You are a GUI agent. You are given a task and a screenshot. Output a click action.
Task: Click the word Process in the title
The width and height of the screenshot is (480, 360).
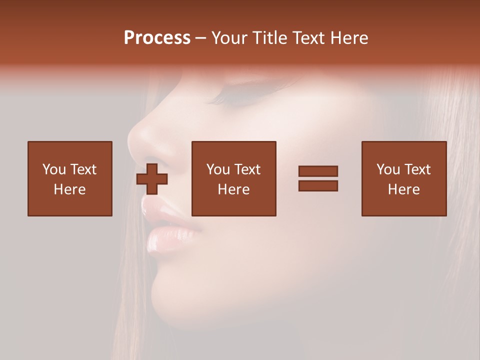tap(157, 38)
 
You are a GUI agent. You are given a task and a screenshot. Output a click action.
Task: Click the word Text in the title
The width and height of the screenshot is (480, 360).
tap(307, 38)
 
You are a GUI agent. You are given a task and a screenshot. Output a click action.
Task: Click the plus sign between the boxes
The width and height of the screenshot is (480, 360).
tap(152, 178)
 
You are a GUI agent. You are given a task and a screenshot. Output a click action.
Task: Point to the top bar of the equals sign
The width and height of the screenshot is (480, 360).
tap(318, 171)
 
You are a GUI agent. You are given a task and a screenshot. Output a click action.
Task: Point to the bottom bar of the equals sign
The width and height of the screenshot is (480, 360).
tap(318, 185)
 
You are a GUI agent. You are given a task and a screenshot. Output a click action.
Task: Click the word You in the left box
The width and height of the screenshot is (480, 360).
tap(54, 169)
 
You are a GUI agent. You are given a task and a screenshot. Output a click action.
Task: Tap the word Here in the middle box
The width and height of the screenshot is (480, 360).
tap(233, 189)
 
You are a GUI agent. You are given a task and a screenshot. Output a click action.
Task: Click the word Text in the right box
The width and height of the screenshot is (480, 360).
tap(417, 169)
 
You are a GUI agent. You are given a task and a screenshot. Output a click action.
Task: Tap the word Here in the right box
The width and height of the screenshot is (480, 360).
tap(404, 189)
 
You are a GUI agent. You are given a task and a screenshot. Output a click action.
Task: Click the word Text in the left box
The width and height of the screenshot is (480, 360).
tap(83, 169)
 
